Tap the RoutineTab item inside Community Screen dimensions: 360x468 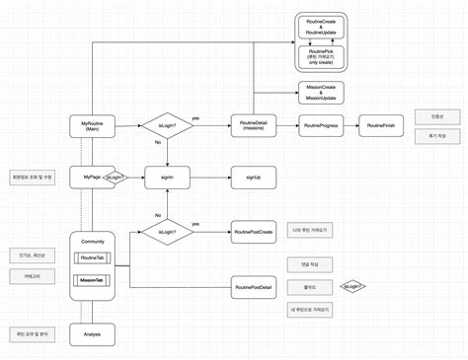(92, 258)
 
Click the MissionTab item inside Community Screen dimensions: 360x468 (92, 280)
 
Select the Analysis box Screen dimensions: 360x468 (92, 335)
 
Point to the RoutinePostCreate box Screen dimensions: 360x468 (254, 232)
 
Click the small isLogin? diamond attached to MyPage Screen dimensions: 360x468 (115, 178)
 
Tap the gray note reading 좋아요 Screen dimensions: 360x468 (309, 287)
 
